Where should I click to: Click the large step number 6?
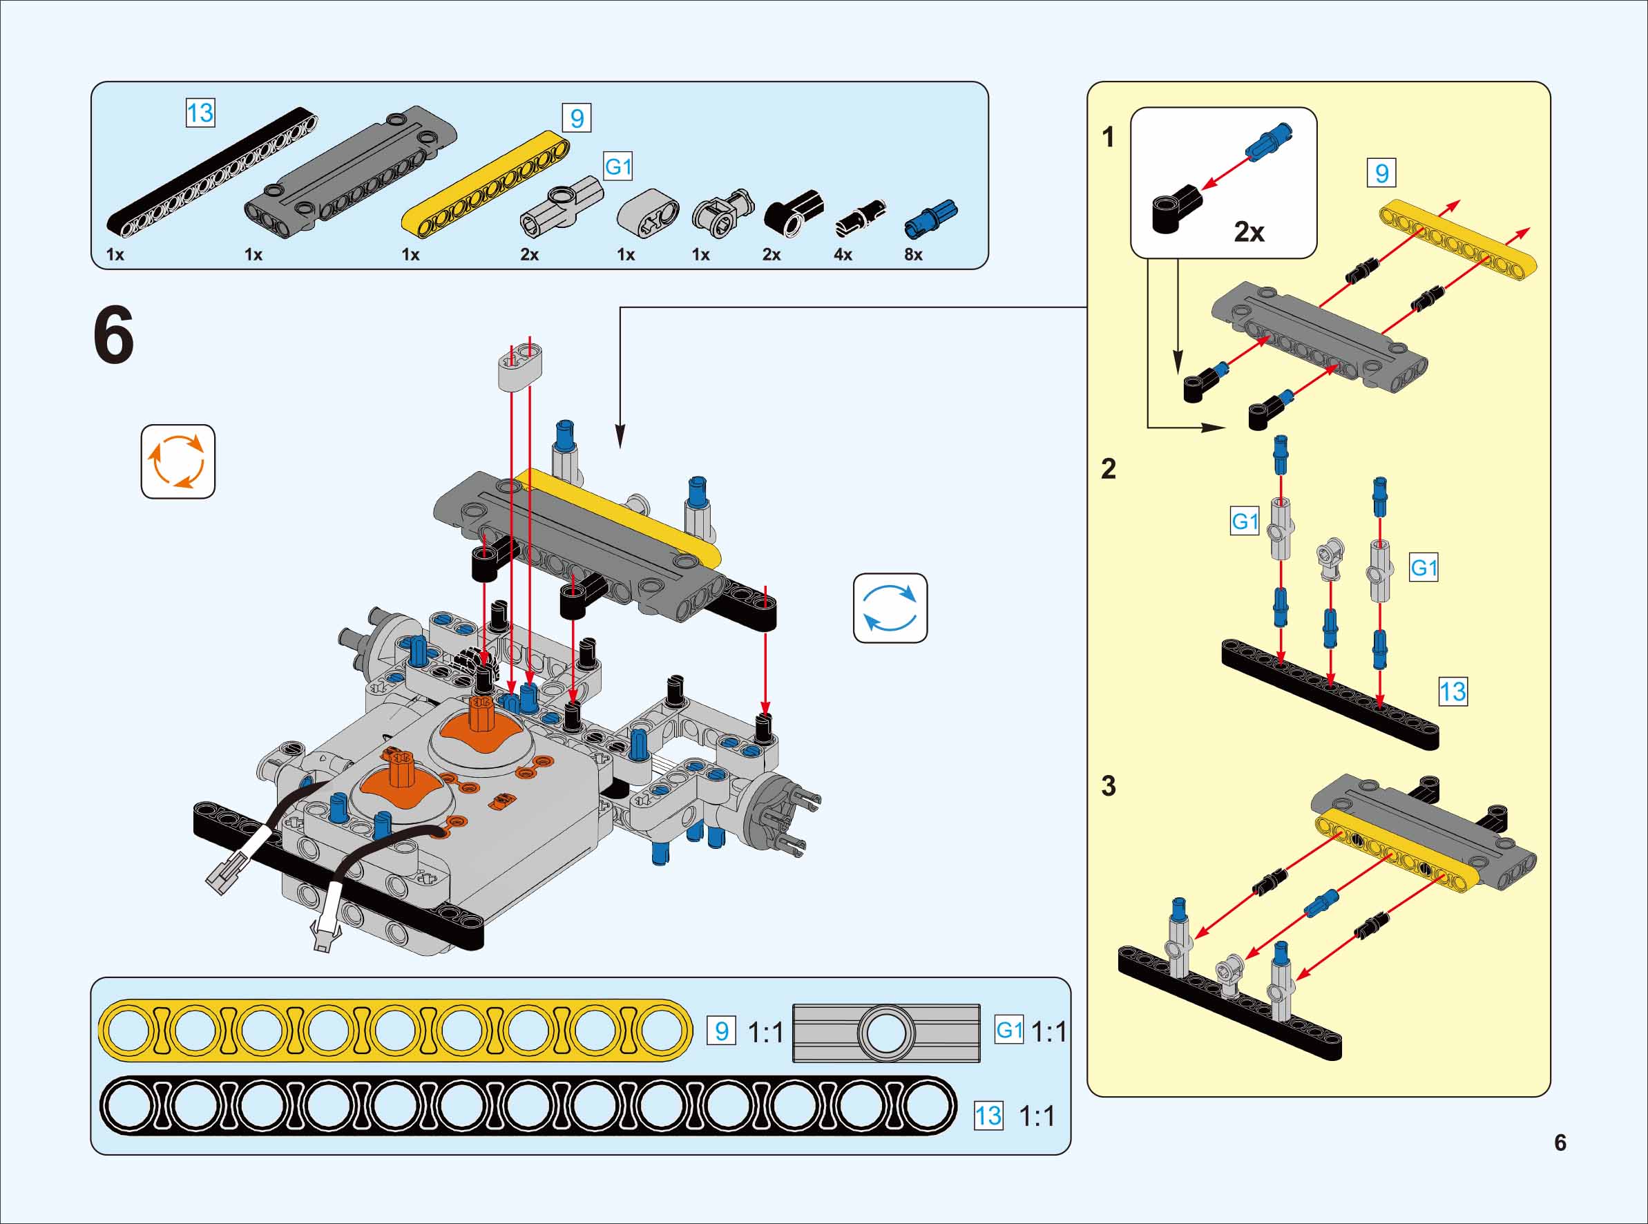(114, 336)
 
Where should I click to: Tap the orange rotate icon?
(178, 461)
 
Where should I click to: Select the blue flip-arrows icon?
(890, 608)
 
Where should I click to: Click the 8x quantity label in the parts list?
(913, 255)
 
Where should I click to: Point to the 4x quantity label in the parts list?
(843, 255)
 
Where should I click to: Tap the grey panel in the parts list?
(350, 172)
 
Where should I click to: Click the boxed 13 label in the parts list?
(200, 113)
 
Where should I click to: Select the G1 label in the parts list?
(617, 166)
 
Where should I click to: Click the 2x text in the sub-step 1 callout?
(1249, 232)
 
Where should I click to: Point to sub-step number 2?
(1108, 469)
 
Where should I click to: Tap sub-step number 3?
(1108, 786)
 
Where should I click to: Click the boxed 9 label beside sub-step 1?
(1381, 173)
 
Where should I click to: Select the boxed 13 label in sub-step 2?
(1453, 692)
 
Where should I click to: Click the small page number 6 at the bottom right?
(1560, 1142)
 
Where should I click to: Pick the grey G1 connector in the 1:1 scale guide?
(886, 1033)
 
